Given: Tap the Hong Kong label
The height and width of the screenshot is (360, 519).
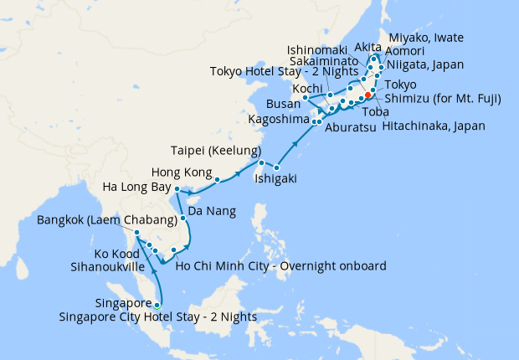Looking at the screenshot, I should (x=177, y=172).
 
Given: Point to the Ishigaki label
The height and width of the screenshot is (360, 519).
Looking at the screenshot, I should (x=275, y=178).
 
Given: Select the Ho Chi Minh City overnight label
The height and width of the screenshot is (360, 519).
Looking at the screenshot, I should (x=280, y=266).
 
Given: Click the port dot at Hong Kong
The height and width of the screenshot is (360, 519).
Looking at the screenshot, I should (x=217, y=179).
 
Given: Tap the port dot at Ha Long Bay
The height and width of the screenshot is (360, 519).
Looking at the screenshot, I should (x=177, y=190).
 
